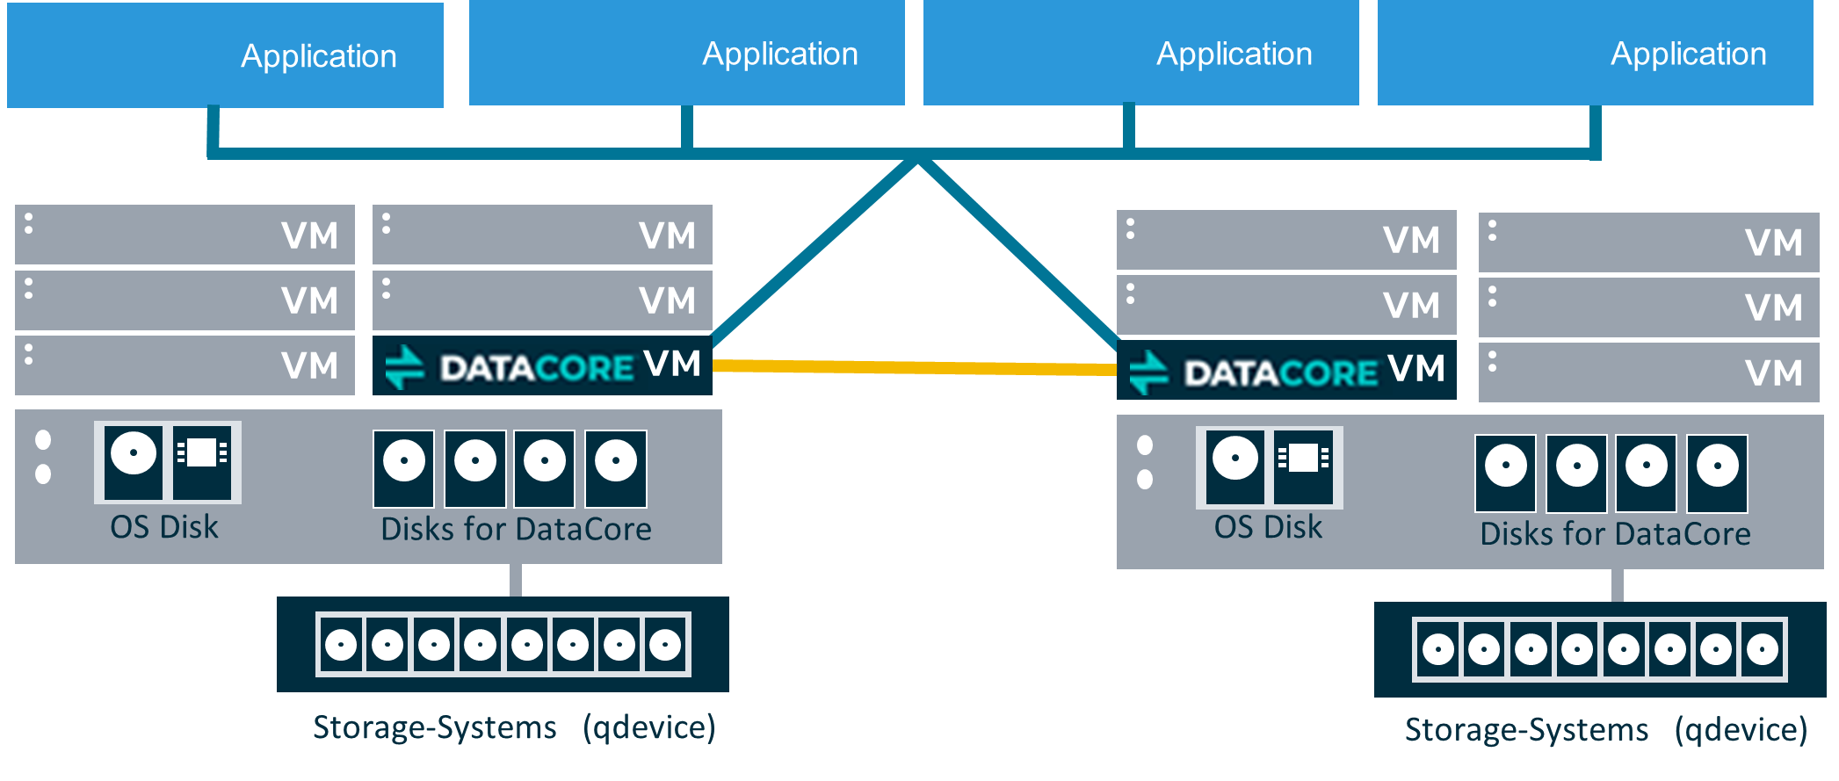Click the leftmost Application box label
click(x=318, y=56)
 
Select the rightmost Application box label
click(x=1688, y=54)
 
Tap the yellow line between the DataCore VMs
click(x=914, y=366)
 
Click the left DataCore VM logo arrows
click(x=405, y=367)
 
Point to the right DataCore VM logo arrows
click(x=1148, y=372)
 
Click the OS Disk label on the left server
click(x=164, y=527)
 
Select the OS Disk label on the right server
click(x=1268, y=527)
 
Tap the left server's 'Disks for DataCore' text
click(x=516, y=529)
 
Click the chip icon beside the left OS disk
click(x=202, y=462)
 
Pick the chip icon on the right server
click(x=1304, y=466)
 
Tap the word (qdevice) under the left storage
click(x=649, y=727)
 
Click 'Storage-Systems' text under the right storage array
click(x=1526, y=730)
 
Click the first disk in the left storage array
click(x=341, y=645)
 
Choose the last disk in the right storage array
click(x=1763, y=650)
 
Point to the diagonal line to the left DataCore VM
click(x=813, y=251)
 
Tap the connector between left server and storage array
click(x=516, y=580)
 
